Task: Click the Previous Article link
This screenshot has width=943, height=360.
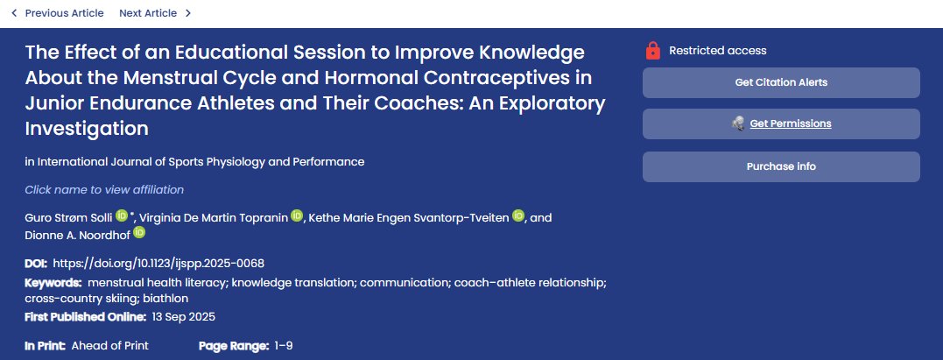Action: [63, 13]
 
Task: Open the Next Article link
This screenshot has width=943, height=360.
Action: [148, 13]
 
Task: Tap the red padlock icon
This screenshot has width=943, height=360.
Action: [652, 51]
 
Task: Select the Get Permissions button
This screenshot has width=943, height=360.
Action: [781, 124]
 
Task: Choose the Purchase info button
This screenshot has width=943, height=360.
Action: [781, 166]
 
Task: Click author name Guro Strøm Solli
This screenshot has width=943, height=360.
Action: [69, 217]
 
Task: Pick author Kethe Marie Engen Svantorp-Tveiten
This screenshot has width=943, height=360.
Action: [408, 217]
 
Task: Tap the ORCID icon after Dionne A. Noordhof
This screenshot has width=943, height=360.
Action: [139, 233]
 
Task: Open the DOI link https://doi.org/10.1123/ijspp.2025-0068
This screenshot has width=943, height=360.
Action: [158, 263]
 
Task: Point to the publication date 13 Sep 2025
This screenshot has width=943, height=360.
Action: [183, 316]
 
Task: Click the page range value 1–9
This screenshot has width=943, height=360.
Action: [283, 346]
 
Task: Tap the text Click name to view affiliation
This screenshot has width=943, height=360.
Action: [104, 190]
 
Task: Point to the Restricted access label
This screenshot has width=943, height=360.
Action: [717, 51]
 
